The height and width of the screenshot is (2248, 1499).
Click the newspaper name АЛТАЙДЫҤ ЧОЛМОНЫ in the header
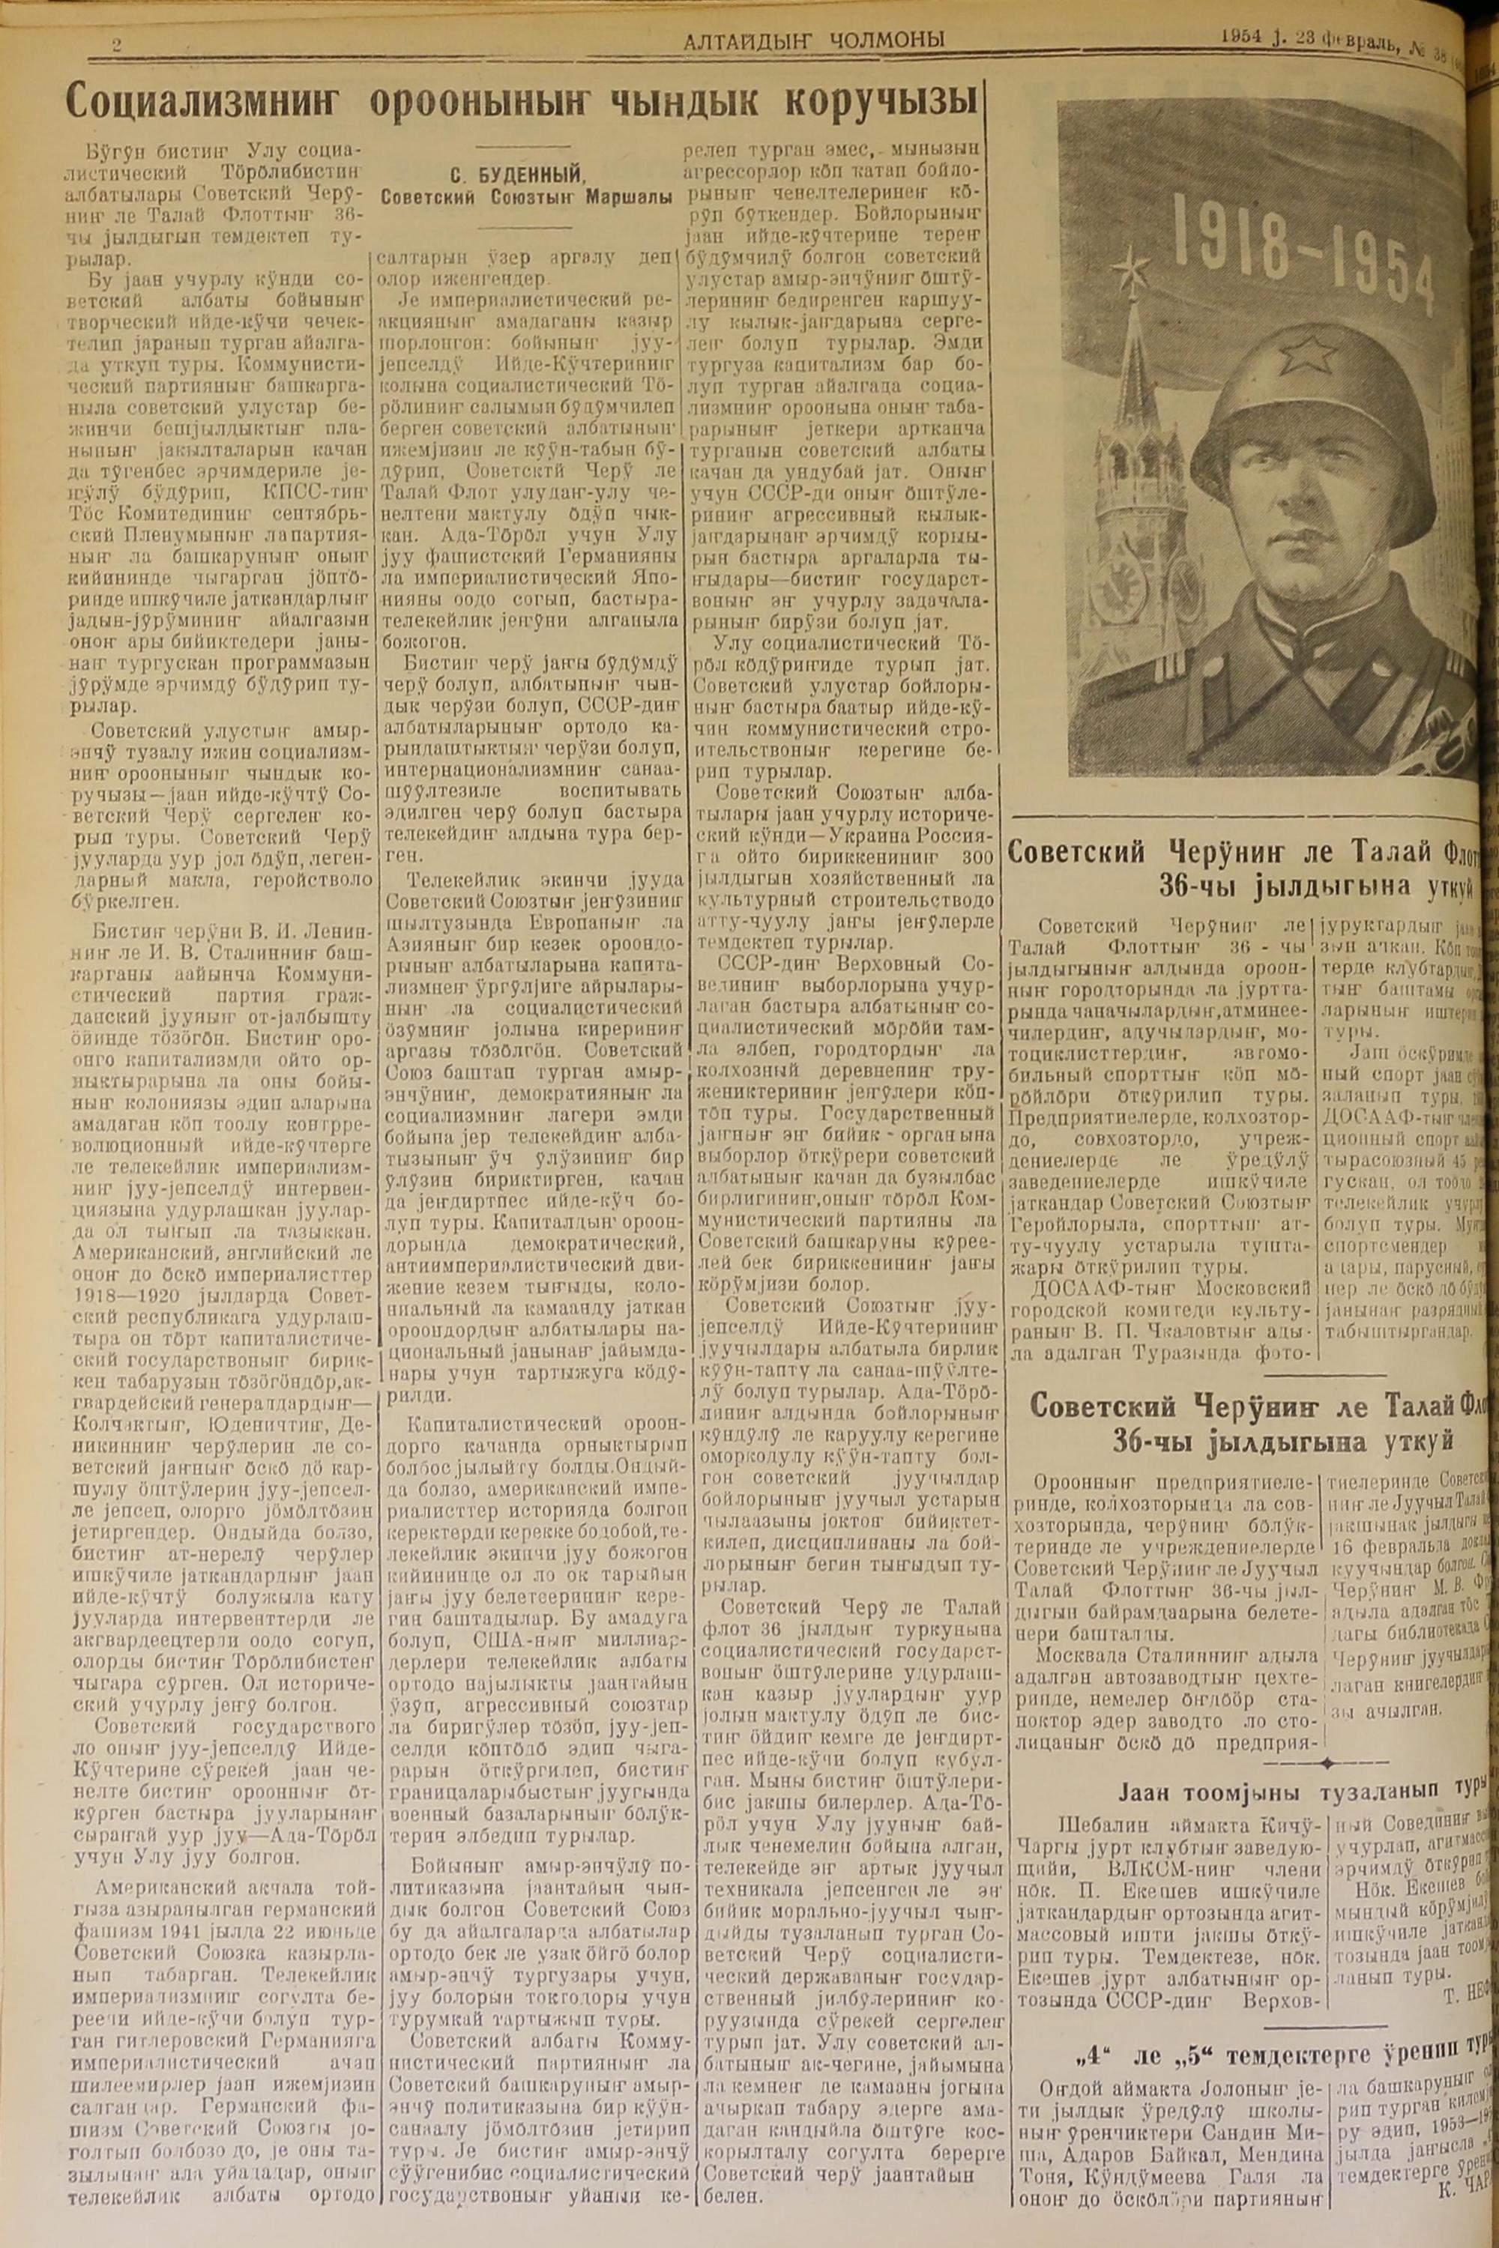pyautogui.click(x=813, y=38)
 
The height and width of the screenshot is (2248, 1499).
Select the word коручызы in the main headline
pyautogui.click(x=885, y=100)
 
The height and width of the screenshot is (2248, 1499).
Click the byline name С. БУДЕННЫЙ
pyautogui.click(x=528, y=175)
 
